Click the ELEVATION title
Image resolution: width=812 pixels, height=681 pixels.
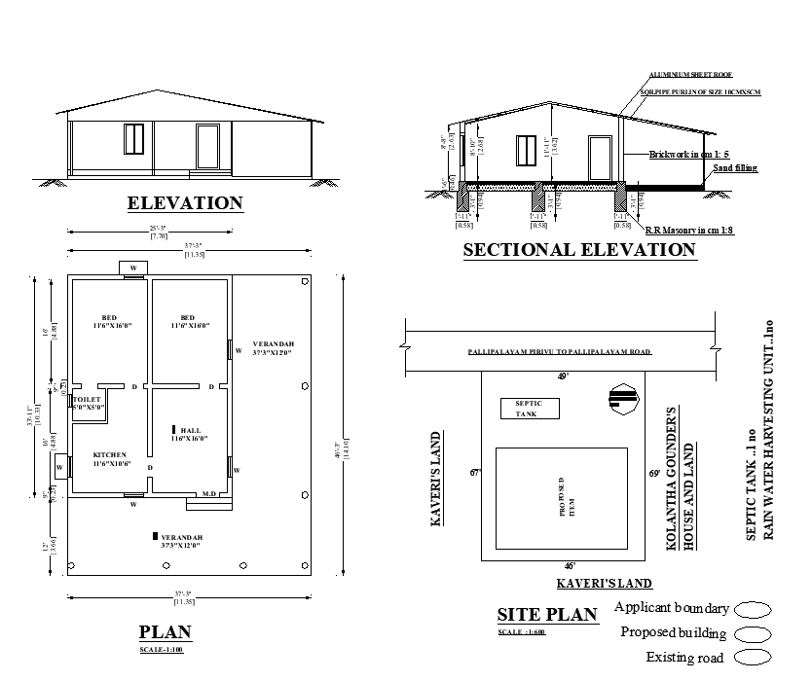click(185, 203)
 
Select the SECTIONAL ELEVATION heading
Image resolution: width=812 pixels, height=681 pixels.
click(579, 250)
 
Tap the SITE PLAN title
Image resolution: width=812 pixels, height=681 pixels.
click(546, 615)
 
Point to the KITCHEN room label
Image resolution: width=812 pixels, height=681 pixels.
click(108, 455)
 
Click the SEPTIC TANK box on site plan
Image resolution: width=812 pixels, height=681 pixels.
click(530, 409)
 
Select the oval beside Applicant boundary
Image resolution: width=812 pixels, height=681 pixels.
click(753, 610)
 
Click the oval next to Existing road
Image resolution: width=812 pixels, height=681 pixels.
click(753, 659)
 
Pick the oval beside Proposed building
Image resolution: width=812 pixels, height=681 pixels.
click(753, 634)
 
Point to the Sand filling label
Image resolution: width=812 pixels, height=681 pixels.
click(735, 168)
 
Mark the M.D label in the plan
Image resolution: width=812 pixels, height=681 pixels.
click(208, 494)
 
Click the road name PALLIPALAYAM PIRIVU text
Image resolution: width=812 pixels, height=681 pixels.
click(559, 352)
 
